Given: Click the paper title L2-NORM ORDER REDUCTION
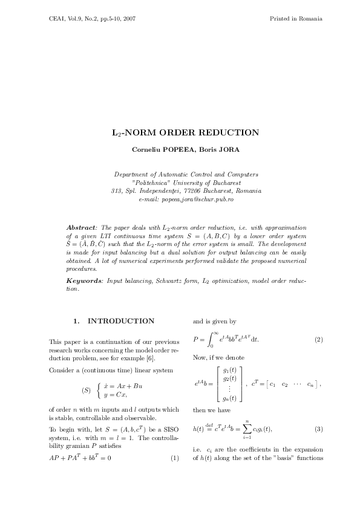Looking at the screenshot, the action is click(186, 132).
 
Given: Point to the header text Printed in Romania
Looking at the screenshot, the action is click(295, 19).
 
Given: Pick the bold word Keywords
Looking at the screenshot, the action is click(84, 281).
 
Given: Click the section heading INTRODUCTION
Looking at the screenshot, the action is click(121, 320).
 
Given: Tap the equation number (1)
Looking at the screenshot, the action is click(175, 458).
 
